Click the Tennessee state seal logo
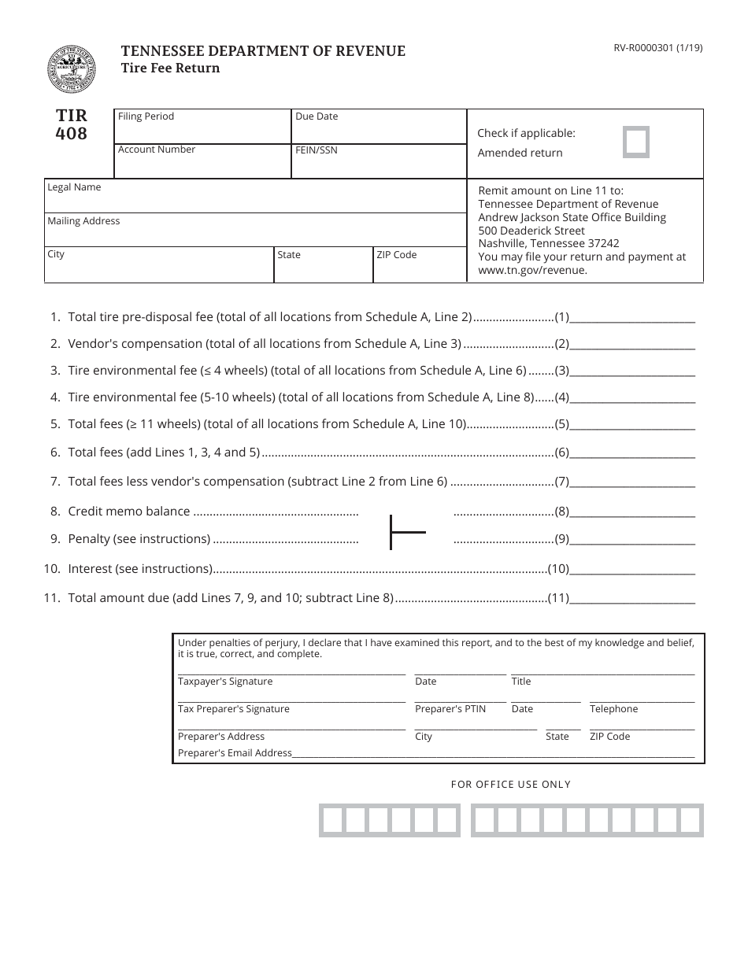click(72, 69)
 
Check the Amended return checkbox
click(636, 142)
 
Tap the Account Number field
click(203, 162)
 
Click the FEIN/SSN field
click(379, 162)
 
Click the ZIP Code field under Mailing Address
click(420, 268)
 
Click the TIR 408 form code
click(72, 124)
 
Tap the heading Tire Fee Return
click(170, 68)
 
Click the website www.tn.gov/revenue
click(533, 270)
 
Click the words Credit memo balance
click(129, 512)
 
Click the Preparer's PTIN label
click(450, 709)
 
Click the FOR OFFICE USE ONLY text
click(510, 785)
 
